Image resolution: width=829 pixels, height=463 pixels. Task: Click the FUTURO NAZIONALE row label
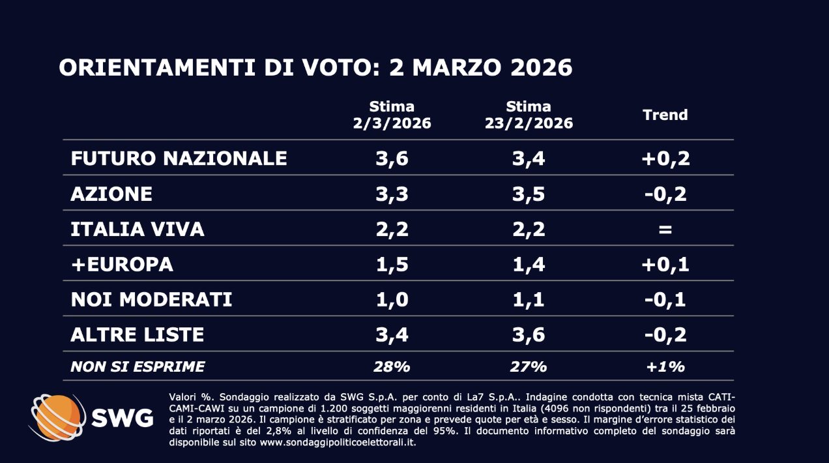coord(179,158)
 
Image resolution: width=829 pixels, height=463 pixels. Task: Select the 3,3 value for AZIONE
coord(391,194)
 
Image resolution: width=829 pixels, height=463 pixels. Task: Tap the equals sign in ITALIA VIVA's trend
coord(665,229)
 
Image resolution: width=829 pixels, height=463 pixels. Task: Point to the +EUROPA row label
coord(122,264)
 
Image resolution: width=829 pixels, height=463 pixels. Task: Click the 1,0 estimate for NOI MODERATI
coord(391,299)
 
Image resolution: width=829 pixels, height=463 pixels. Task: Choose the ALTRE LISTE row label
coord(137,335)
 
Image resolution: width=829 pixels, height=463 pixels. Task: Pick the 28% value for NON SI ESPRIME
coord(391,366)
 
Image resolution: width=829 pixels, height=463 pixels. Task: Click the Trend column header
coord(665,115)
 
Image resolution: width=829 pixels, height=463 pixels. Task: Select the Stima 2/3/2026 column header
coord(391,115)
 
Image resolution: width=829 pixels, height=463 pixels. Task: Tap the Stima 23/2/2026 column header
coord(529,115)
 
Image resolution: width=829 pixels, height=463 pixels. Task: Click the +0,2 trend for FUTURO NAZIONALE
coord(665,158)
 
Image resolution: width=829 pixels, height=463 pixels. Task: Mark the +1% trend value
coord(665,366)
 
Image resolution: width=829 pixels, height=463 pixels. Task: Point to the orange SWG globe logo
coord(57,416)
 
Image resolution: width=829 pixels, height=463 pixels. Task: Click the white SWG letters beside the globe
coord(122,417)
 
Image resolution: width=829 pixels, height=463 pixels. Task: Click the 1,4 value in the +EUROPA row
coord(529,264)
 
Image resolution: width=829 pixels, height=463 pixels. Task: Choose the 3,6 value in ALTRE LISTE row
coord(529,335)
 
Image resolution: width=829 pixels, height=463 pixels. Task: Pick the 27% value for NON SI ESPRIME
coord(529,366)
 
